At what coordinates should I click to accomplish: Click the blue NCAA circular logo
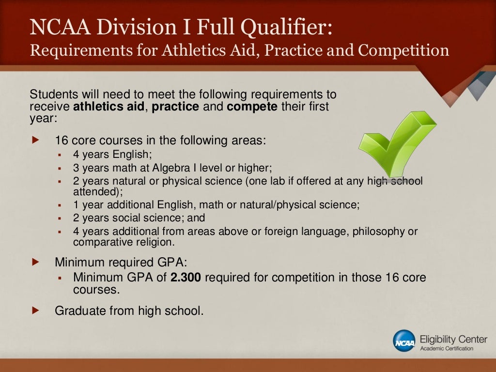[x=404, y=341]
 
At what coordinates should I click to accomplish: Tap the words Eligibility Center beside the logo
[x=453, y=339]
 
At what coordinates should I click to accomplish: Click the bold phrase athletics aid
[x=108, y=107]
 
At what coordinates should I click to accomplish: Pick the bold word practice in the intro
[x=175, y=107]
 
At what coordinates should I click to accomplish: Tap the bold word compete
[x=252, y=107]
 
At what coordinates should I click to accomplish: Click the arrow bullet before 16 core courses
[x=35, y=140]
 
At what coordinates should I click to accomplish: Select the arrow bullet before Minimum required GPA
[x=35, y=262]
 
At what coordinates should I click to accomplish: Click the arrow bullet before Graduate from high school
[x=35, y=310]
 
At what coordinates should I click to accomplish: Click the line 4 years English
[x=113, y=155]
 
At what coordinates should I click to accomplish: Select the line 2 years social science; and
[x=139, y=218]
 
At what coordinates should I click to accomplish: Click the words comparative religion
[x=124, y=242]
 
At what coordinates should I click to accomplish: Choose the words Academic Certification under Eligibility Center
[x=447, y=349]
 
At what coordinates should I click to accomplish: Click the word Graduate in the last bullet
[x=78, y=311]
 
